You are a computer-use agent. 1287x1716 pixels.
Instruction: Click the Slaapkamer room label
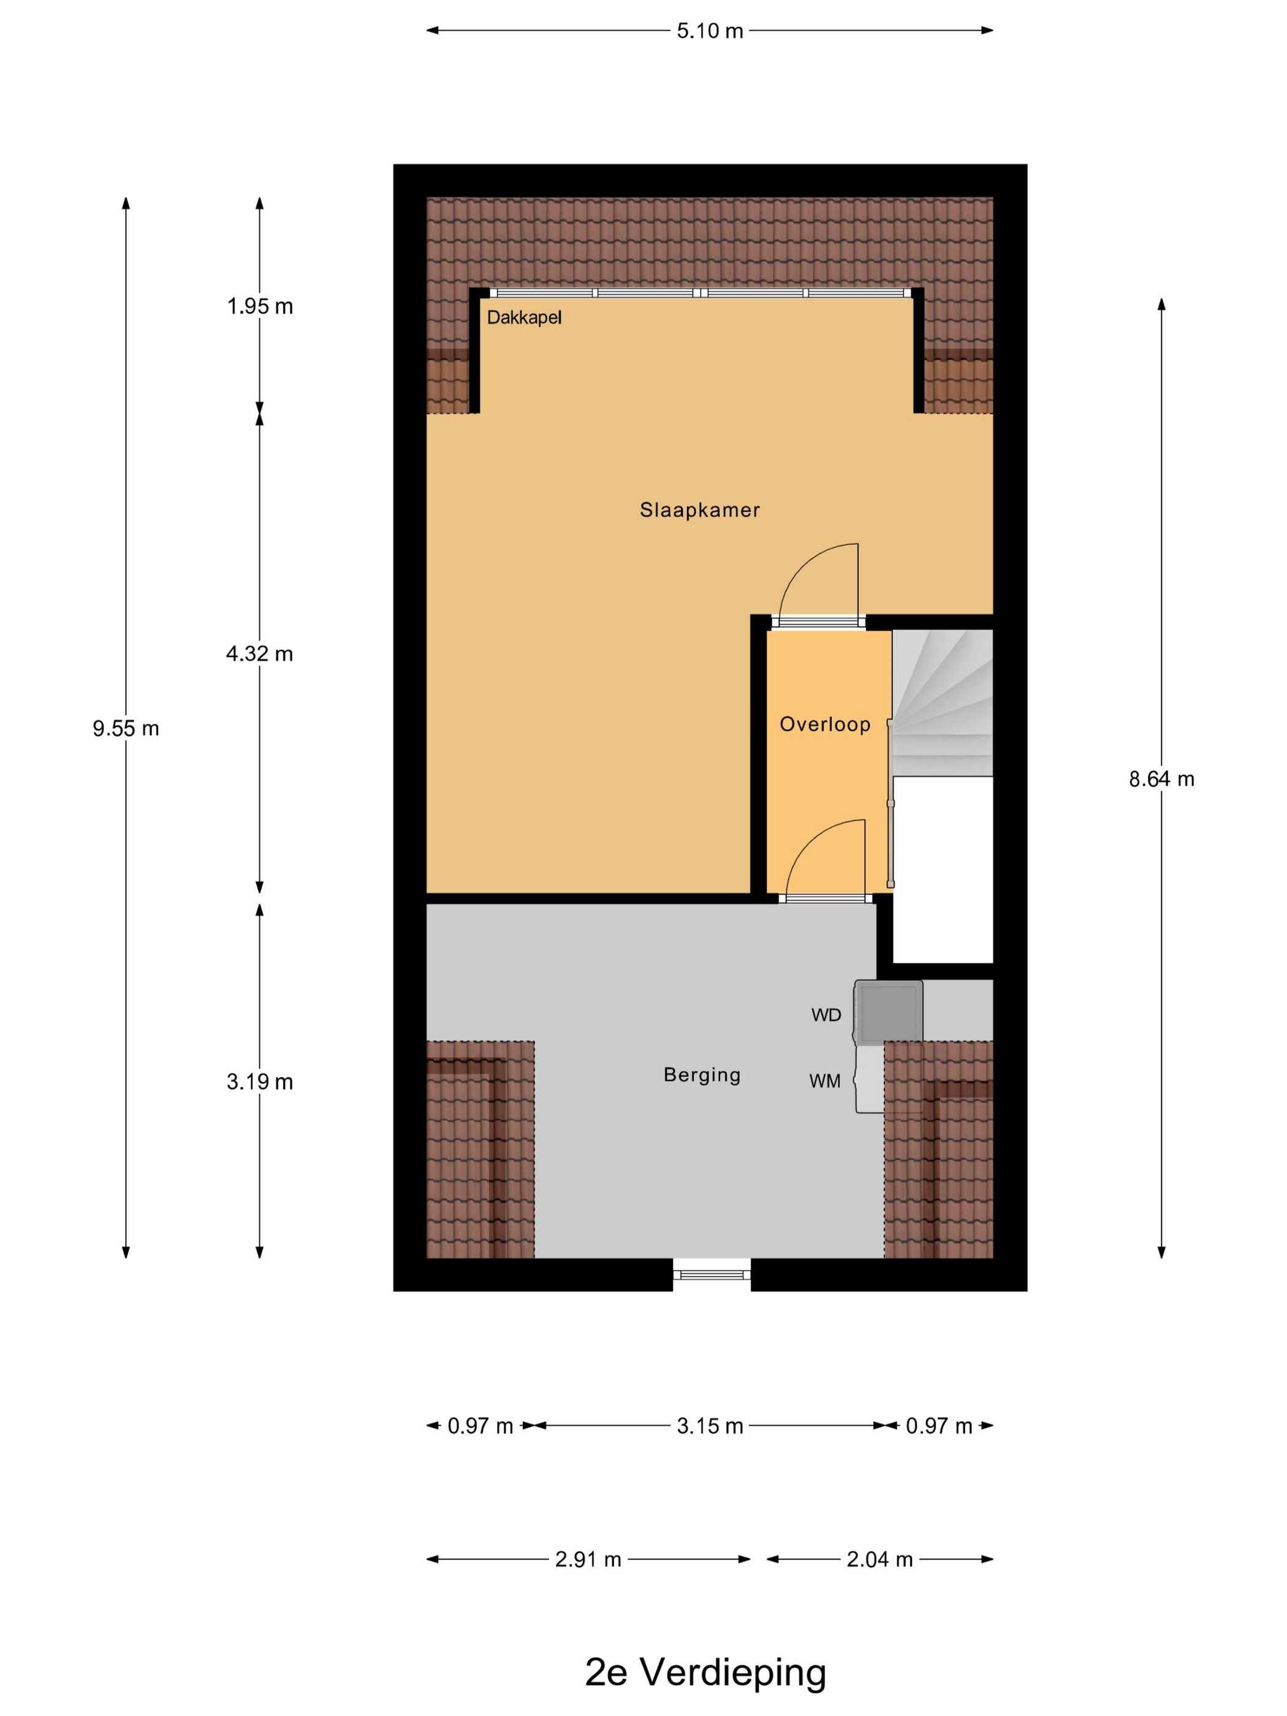click(x=699, y=510)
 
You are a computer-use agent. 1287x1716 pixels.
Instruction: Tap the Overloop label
click(x=825, y=724)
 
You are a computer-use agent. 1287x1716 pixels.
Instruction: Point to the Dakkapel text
click(x=523, y=317)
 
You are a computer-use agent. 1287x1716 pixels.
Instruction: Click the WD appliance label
click(x=826, y=1015)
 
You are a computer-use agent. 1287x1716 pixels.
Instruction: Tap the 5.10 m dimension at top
click(x=710, y=31)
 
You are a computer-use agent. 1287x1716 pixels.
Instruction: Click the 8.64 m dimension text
click(x=1161, y=779)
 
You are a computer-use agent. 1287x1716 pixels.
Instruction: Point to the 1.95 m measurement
click(x=260, y=306)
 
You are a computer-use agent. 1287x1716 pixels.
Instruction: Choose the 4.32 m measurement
click(x=260, y=654)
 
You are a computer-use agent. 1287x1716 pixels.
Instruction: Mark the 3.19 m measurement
click(x=260, y=1082)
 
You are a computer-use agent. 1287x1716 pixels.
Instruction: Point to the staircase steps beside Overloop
click(x=943, y=702)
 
